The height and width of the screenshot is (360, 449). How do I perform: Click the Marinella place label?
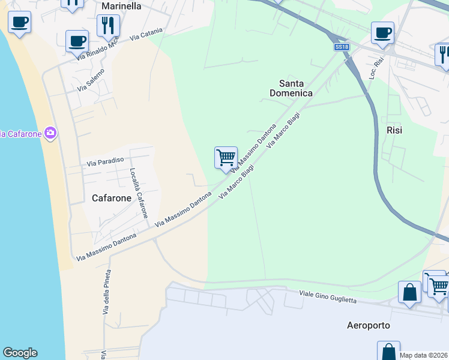pos(121,6)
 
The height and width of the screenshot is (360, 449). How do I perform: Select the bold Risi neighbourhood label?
pos(394,130)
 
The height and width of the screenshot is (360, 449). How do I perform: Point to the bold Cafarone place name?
pos(112,197)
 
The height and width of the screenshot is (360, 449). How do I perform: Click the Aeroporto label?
pos(369,326)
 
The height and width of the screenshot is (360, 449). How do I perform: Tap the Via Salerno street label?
pos(91,80)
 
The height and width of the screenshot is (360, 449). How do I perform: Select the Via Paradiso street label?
pos(105,161)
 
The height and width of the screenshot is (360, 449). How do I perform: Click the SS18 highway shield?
pos(342,47)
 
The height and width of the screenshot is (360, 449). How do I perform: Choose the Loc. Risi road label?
pos(376,70)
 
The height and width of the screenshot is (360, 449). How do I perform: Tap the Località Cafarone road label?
pos(139,192)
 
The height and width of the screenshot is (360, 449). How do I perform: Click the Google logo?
pos(20,353)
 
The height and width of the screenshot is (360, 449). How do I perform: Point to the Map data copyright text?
pos(423,355)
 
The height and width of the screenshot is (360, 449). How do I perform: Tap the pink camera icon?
pos(50,133)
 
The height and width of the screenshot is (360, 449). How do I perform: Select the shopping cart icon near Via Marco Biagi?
pos(226,158)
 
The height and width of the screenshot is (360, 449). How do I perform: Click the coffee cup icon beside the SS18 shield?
pos(382,32)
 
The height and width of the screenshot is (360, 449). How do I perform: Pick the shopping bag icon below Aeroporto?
pos(388,352)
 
